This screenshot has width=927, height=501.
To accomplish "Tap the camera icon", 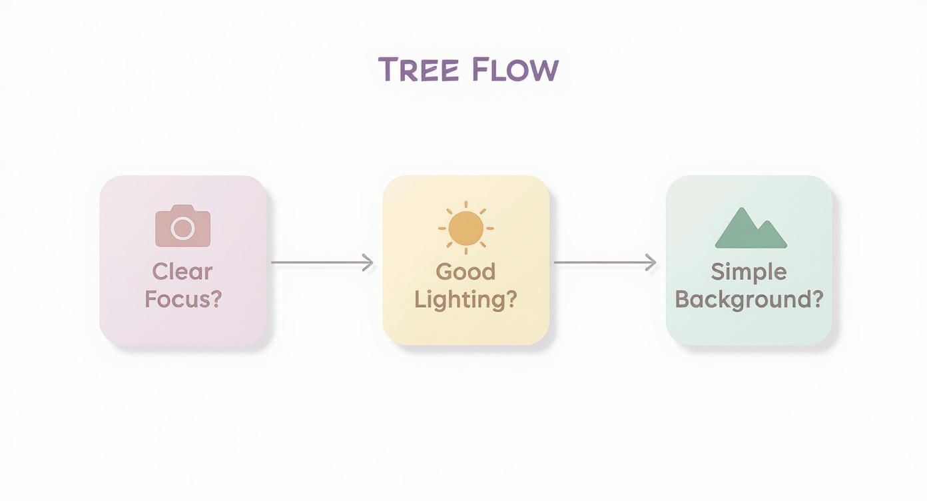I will click(x=182, y=227).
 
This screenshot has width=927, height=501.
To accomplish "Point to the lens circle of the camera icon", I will click(x=182, y=229).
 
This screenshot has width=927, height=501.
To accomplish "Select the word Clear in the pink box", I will click(x=182, y=272).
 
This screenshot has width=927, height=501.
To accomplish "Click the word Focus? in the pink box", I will click(x=182, y=299).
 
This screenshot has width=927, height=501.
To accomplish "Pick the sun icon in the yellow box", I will click(x=465, y=228).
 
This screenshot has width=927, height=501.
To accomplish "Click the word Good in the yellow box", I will click(x=465, y=272).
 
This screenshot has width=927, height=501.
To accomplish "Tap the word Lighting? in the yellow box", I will click(x=465, y=299).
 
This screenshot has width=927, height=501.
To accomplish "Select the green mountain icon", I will click(x=751, y=229).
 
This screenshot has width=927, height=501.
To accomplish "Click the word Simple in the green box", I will click(x=749, y=272).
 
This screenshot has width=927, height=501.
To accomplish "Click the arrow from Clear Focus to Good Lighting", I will click(x=322, y=262).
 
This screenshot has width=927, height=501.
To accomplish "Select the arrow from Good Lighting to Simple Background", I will click(x=605, y=262).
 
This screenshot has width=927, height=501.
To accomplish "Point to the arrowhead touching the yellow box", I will click(x=368, y=262).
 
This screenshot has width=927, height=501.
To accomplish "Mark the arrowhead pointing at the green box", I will click(x=651, y=262).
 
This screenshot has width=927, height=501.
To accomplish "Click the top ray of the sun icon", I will click(x=465, y=205).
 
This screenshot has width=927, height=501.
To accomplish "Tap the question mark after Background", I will click(x=818, y=299).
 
